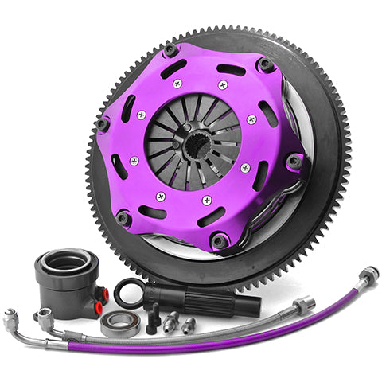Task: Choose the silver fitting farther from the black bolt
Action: (189, 325)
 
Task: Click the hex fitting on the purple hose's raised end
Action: (368, 276)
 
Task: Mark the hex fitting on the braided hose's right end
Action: (305, 306)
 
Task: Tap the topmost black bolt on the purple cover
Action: (170, 50)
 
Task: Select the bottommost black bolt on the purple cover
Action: (218, 240)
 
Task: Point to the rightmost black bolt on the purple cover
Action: (294, 162)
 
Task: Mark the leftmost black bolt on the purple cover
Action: (103, 123)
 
